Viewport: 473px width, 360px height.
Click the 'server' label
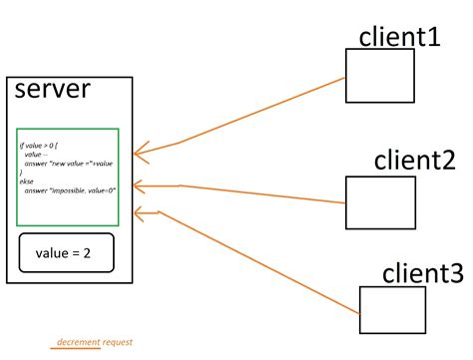(x=52, y=89)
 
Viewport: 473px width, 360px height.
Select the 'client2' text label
(x=414, y=160)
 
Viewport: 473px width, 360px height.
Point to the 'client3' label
(x=422, y=272)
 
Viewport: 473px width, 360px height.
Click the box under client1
(x=379, y=76)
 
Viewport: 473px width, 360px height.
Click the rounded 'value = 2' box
(x=67, y=253)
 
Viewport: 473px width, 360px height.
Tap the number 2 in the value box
(x=87, y=253)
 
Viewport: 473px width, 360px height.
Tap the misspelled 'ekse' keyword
(x=27, y=180)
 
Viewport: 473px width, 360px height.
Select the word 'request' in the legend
(x=117, y=342)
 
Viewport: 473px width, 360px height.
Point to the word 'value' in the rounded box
(x=53, y=253)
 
